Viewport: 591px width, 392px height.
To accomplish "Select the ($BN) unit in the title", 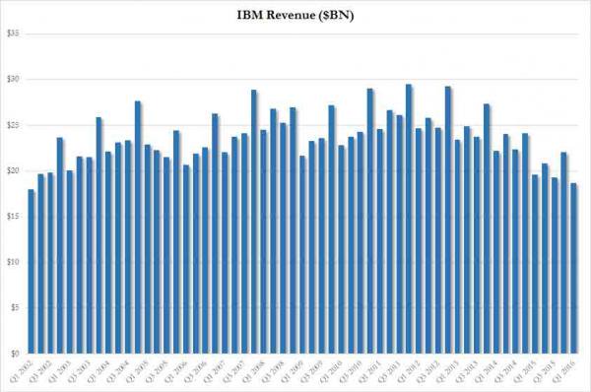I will pos(341,14).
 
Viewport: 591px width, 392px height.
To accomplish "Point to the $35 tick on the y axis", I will pos(13,33).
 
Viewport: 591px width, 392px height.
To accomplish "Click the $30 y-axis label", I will pos(13,79).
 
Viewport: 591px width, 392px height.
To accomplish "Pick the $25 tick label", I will pos(13,125).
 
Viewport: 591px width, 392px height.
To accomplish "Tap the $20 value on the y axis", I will pos(13,170).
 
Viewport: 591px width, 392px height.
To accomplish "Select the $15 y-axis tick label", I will pos(13,217).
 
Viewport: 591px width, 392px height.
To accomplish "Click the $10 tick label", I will pos(13,262).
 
